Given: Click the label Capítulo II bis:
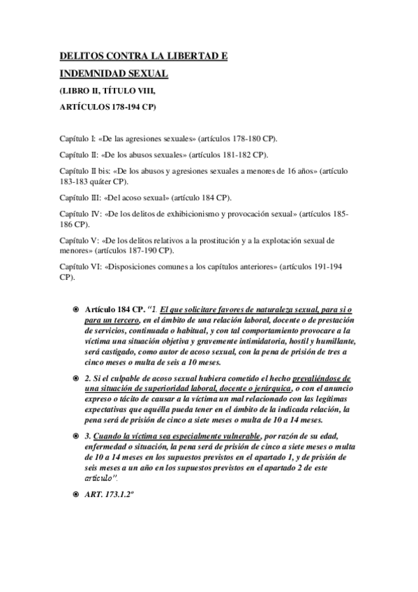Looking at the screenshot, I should click(x=84, y=170).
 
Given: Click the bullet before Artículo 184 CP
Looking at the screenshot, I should click(x=75, y=308).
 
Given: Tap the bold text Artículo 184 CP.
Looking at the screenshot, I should click(x=112, y=308).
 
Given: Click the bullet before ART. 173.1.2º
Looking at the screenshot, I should click(x=75, y=494).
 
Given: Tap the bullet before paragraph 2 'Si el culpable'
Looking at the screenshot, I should click(x=75, y=378).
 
